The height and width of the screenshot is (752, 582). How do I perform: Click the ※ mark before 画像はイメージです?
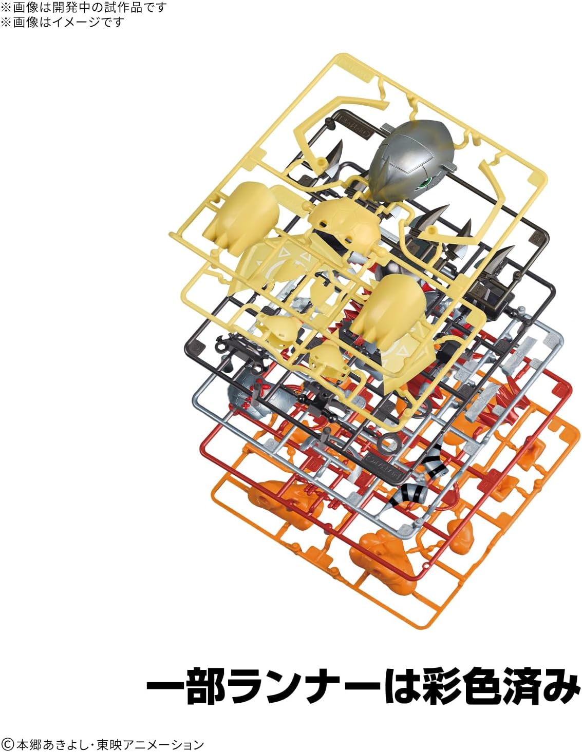tap(6, 22)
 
